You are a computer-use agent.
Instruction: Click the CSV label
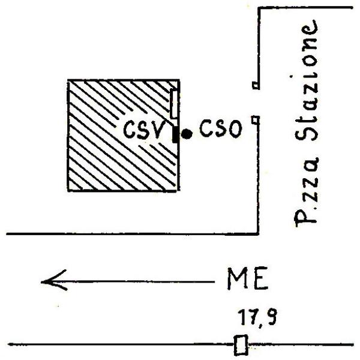144,130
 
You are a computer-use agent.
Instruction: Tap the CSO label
221,128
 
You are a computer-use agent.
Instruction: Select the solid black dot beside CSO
187,134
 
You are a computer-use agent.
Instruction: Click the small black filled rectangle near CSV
175,134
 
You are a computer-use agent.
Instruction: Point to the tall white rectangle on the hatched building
174,104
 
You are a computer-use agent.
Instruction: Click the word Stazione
307,80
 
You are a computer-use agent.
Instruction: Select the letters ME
247,278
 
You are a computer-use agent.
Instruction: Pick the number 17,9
257,317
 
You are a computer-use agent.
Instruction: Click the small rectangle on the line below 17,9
241,344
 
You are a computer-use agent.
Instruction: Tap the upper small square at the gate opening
256,85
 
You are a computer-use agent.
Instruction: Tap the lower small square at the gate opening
256,120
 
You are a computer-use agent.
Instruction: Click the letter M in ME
237,278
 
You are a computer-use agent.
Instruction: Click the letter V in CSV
158,130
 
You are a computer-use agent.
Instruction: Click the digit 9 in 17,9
271,317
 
